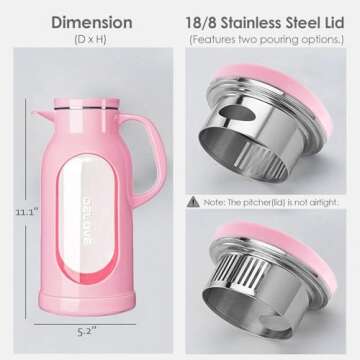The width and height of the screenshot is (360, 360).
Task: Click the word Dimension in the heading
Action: [x=91, y=21]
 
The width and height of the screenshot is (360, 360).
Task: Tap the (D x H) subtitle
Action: [x=91, y=39]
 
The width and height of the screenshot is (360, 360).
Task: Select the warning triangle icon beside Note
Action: [x=193, y=200]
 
